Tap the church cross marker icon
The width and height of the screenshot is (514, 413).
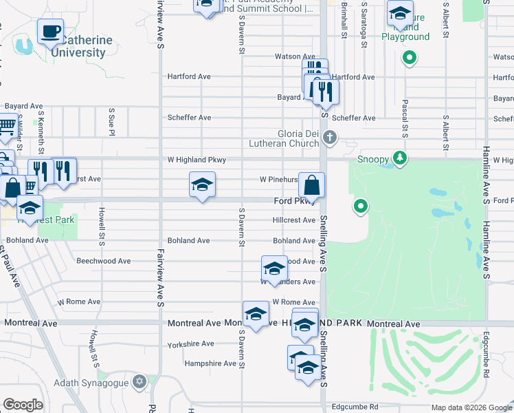pos(330,138)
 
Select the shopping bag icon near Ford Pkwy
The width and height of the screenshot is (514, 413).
pos(311,184)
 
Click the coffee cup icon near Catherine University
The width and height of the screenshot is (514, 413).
pos(50,30)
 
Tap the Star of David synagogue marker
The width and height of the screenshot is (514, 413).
pos(140,381)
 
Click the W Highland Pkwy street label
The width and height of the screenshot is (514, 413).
pos(197,160)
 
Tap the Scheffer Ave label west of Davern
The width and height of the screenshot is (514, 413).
pos(190,118)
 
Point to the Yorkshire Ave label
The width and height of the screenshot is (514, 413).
pos(191,343)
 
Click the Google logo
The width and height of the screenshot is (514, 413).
pos(23,405)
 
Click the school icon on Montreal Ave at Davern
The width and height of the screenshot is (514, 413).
pos(256,314)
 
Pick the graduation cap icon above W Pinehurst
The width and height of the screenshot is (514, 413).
pos(202,184)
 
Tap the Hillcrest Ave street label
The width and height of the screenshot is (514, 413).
pos(293,220)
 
